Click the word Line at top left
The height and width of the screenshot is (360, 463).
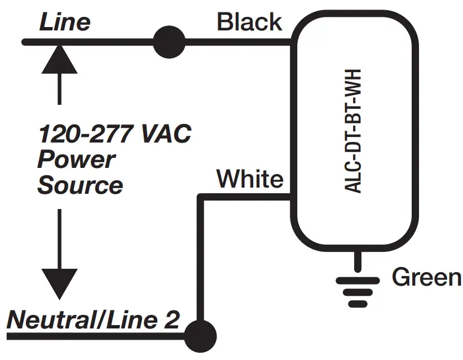pyautogui.click(x=64, y=23)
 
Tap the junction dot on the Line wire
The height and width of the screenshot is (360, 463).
pyautogui.click(x=169, y=42)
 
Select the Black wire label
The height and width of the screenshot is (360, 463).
pyautogui.click(x=249, y=23)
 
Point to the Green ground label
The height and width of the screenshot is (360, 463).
pyautogui.click(x=426, y=277)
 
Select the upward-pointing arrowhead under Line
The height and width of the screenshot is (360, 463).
pyautogui.click(x=59, y=60)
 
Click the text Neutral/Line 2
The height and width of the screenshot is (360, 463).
pyautogui.click(x=93, y=320)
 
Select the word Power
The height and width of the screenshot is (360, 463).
pyautogui.click(x=76, y=159)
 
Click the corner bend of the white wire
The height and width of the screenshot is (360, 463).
pyautogui.click(x=200, y=197)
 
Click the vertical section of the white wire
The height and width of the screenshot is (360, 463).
pyautogui.click(x=200, y=259)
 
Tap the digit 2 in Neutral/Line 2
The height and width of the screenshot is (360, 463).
pyautogui.click(x=172, y=320)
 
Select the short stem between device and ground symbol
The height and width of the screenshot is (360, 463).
pyautogui.click(x=356, y=262)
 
